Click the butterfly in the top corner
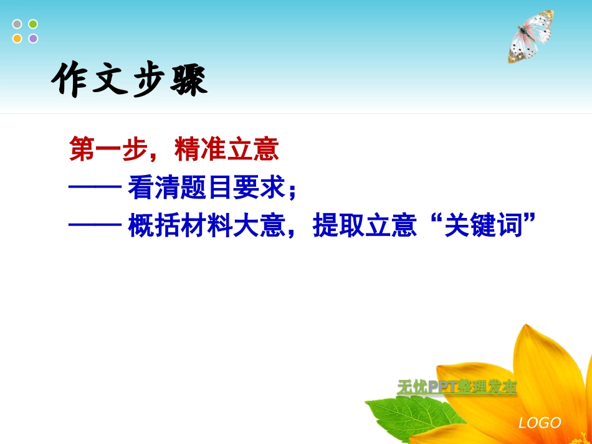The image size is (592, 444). pos(530,36)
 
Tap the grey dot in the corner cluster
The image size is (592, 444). pos(17,24)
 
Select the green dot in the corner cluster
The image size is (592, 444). pos(33,24)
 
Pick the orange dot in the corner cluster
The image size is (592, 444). pos(17,39)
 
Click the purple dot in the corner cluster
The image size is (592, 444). pos(33,39)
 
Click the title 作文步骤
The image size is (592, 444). pos(130,80)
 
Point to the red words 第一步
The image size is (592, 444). pos(108,149)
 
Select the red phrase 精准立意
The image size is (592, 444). pos(226,149)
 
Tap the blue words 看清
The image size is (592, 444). pos(154,187)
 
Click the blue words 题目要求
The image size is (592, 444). pos(232,187)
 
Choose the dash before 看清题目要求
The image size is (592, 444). pos(94,187)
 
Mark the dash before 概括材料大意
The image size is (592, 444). pos(94,225)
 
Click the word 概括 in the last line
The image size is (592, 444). pos(154,225)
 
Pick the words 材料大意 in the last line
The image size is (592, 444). pos(232,225)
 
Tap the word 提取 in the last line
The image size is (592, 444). pos(338,225)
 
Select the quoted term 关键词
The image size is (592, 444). pos(483,225)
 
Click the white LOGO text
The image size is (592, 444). pos(540,423)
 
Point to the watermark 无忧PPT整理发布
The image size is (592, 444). pos(457,387)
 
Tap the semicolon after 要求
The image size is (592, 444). pos(292,190)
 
